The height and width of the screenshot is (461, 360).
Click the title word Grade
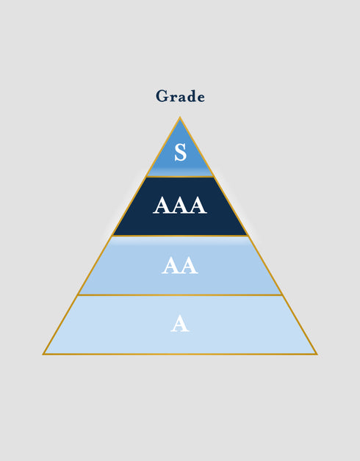click(180, 96)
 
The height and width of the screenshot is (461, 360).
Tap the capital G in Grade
click(162, 96)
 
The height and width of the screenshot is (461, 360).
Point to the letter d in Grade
click(191, 96)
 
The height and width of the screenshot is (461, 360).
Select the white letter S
click(181, 152)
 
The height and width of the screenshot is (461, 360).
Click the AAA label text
click(180, 206)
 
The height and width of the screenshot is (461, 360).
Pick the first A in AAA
click(162, 206)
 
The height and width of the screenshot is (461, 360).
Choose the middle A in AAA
click(180, 206)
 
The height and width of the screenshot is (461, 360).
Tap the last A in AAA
click(198, 206)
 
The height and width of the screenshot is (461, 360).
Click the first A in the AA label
click(170, 265)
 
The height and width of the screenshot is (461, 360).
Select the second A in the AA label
click(189, 265)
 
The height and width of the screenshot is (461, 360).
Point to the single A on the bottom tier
click(180, 324)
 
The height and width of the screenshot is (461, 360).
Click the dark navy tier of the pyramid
click(180, 206)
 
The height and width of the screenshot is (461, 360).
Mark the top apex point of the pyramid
click(180, 117)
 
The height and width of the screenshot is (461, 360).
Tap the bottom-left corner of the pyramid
click(43, 355)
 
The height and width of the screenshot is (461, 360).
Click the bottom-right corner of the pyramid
click(317, 355)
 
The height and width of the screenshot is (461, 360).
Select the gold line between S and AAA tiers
click(180, 177)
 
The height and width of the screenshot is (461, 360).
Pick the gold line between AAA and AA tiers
click(180, 236)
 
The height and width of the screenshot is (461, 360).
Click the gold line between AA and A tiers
click(180, 295)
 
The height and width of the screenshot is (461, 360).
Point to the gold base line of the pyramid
click(180, 355)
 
